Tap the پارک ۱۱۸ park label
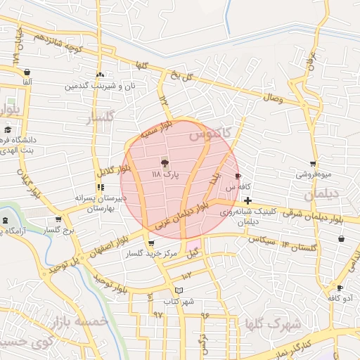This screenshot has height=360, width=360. click(x=167, y=173)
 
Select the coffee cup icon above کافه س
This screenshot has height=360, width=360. click(x=238, y=176)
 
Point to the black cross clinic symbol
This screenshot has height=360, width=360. click(x=247, y=201)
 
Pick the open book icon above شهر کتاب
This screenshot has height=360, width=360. click(x=179, y=290)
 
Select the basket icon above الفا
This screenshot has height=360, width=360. click(x=27, y=72)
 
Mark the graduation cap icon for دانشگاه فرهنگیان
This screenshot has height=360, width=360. click(x=8, y=129)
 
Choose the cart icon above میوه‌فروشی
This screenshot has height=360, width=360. click(x=313, y=164)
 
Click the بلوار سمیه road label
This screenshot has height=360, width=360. click(x=155, y=130)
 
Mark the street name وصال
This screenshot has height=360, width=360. click(x=271, y=98)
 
